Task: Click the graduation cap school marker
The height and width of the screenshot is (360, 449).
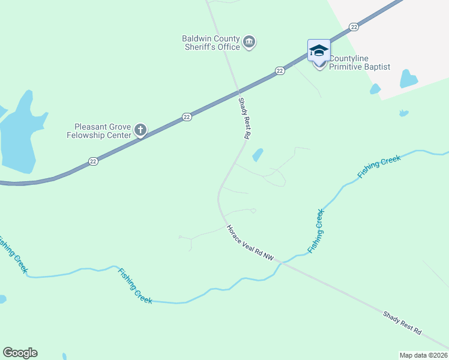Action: click(319, 50)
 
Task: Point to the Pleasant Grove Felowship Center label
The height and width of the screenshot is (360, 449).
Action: click(102, 131)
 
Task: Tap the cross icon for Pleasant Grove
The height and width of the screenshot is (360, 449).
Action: click(140, 130)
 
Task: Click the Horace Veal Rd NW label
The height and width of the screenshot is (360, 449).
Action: click(250, 242)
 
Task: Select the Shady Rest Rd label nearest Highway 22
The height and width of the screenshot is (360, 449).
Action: click(243, 119)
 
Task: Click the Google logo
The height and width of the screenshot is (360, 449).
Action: click(20, 353)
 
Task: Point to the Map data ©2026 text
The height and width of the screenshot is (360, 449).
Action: click(423, 355)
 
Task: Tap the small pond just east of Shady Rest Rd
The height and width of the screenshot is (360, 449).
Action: click(258, 155)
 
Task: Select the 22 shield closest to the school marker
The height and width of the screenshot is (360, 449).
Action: click(354, 27)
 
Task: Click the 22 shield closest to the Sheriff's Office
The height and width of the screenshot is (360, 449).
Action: click(280, 71)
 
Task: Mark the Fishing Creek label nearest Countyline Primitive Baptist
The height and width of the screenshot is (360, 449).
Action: click(379, 166)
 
